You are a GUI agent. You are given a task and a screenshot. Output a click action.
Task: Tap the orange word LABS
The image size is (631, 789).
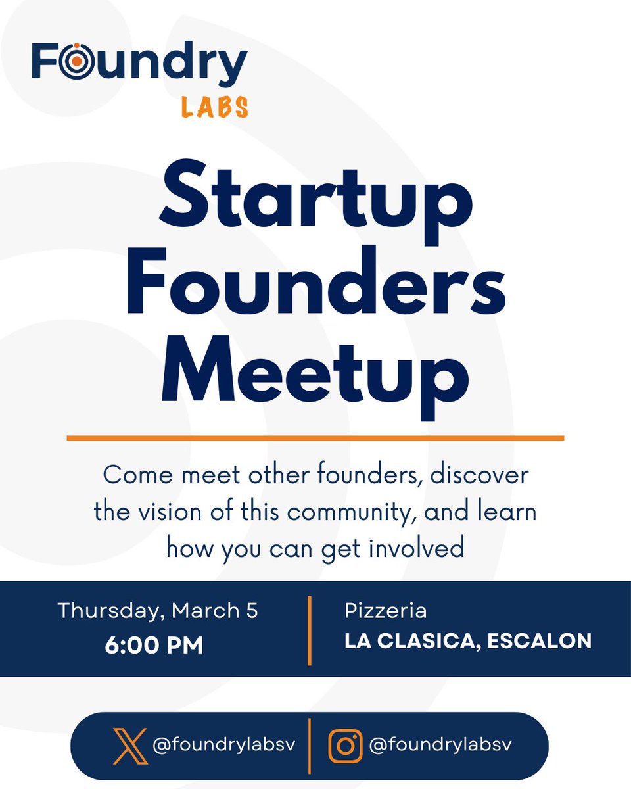pos(215,107)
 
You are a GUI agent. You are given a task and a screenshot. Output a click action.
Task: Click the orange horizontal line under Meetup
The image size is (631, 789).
pos(315,437)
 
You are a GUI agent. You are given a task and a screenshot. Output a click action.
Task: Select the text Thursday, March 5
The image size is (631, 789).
pos(158,610)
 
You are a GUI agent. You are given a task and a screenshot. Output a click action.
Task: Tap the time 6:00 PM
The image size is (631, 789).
pos(154,645)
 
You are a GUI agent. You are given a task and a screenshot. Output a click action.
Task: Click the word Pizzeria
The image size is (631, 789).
pos(386,611)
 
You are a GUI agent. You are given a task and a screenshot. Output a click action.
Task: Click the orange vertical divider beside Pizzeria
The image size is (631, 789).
pos(309,631)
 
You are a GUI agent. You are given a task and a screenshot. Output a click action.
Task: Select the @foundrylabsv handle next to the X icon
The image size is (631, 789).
pos(223,746)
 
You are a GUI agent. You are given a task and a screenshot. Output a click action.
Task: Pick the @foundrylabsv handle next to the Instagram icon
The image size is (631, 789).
pos(440,745)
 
